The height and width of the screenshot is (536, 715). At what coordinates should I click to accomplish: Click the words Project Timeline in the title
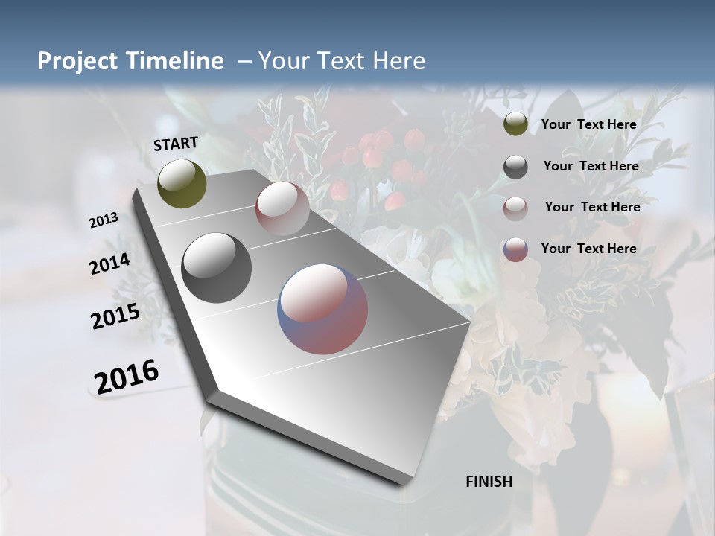pos(130,61)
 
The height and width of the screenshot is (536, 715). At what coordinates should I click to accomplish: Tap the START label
pos(176,144)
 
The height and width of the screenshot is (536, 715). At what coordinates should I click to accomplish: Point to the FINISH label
pos(489,482)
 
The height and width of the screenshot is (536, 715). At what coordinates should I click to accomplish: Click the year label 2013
pos(104,220)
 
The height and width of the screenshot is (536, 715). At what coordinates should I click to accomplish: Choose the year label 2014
pos(110,264)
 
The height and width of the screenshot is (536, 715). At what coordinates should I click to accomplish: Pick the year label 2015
pos(115,316)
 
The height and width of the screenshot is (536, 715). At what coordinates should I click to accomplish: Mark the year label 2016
pos(127,376)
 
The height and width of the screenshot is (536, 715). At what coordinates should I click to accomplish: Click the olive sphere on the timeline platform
pos(182,183)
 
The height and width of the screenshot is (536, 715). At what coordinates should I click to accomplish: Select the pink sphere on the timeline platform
pos(282,208)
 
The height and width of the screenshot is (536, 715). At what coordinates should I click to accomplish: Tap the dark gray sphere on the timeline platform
pos(217,268)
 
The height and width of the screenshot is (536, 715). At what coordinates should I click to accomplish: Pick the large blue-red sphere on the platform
pos(322,309)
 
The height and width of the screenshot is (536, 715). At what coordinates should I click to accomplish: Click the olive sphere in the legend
pos(515,124)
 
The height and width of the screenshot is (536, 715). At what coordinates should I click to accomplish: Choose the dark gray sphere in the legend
pos(515,167)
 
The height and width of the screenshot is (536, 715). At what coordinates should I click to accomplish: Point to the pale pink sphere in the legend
pos(515,208)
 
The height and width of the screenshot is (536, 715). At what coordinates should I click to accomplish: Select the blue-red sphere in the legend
pos(515,249)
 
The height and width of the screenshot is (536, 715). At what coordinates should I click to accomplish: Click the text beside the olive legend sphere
pos(588,124)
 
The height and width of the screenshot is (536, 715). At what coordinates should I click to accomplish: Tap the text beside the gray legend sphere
pos(591,166)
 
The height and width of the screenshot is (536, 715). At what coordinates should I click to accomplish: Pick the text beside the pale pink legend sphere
pos(592,207)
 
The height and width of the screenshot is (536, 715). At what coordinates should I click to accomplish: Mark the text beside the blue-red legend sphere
pos(588,249)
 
